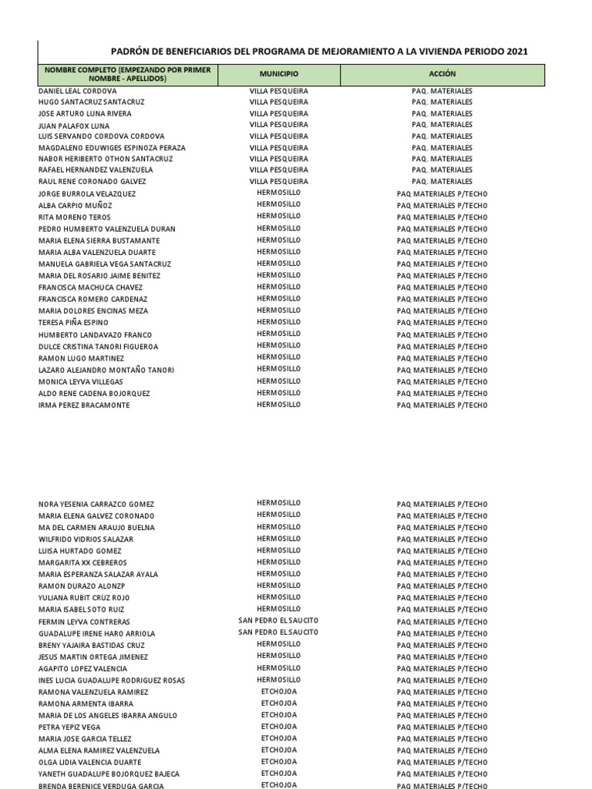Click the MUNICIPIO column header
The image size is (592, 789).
point(278,74)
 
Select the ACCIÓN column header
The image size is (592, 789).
point(442,74)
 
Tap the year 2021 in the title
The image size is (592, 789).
point(518,51)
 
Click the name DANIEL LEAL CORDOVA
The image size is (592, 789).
point(78,91)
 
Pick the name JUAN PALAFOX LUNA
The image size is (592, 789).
point(74,126)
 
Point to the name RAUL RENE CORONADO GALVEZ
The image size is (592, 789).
point(92,182)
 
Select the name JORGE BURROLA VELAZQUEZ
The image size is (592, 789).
point(86,194)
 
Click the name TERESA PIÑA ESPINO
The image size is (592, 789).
point(73,323)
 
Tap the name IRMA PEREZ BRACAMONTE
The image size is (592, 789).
point(84,405)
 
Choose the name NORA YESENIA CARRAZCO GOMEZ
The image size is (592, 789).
point(96,505)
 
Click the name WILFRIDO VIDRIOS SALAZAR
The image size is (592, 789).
point(86,539)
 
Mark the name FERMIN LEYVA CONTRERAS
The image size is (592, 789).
point(84,622)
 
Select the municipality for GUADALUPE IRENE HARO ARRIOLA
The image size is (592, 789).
point(278,633)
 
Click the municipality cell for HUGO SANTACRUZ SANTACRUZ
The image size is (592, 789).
point(278,102)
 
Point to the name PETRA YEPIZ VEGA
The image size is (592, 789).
point(69,727)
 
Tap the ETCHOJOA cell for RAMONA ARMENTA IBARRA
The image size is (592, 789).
point(278,703)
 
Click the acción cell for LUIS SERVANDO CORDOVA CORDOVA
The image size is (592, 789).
point(442,136)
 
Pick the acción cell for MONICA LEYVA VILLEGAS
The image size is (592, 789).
point(442,382)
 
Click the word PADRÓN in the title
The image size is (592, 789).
point(133,51)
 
